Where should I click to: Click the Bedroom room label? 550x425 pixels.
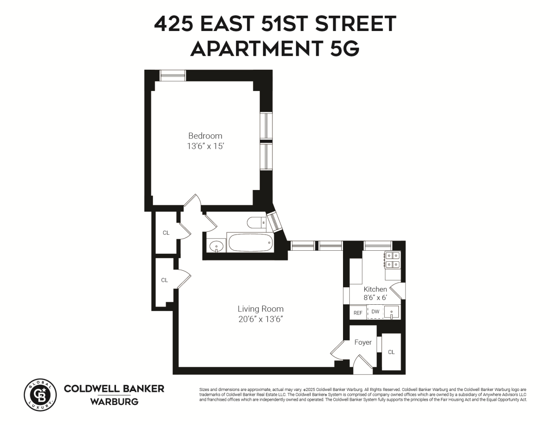(x=205, y=136)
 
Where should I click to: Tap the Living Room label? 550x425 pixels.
(x=260, y=309)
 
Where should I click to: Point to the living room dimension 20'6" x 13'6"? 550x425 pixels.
(x=260, y=319)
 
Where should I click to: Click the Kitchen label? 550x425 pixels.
(x=375, y=289)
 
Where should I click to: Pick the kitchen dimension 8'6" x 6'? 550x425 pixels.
(x=375, y=298)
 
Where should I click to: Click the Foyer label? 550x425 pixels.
(x=363, y=342)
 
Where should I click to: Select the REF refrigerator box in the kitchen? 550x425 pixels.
(x=358, y=313)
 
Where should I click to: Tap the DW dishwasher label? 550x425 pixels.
(x=375, y=312)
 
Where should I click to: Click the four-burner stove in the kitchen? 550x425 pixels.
(x=392, y=260)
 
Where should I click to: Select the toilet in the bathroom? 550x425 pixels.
(x=256, y=223)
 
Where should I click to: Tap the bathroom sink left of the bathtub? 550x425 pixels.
(x=217, y=246)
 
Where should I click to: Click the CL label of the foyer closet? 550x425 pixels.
(x=391, y=352)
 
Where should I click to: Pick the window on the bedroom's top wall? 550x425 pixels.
(x=173, y=76)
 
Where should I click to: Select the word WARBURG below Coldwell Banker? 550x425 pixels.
(x=114, y=402)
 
